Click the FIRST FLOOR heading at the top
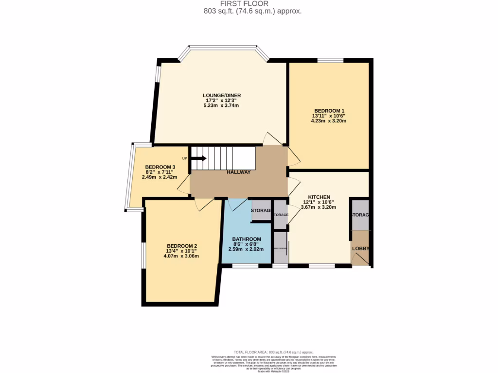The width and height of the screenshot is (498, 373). click(x=249, y=4)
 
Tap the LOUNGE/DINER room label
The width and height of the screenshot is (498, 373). click(x=222, y=95)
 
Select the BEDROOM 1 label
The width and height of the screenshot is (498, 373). click(x=329, y=111)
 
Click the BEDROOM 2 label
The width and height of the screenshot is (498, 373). click(x=182, y=246)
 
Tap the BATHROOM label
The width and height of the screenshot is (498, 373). click(x=247, y=239)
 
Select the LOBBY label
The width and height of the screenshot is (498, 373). click(x=360, y=249)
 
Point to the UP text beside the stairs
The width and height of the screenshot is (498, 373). click(x=184, y=158)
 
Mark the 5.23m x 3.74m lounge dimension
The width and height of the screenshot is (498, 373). click(x=222, y=105)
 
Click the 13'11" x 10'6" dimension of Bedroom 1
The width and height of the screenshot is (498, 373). click(x=329, y=116)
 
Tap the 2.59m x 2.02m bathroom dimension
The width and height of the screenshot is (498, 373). click(x=246, y=249)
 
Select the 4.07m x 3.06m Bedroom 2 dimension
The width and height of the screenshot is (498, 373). click(x=182, y=256)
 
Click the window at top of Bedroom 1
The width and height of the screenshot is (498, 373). click(x=330, y=60)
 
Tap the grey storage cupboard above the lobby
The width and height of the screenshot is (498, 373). click(x=360, y=215)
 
